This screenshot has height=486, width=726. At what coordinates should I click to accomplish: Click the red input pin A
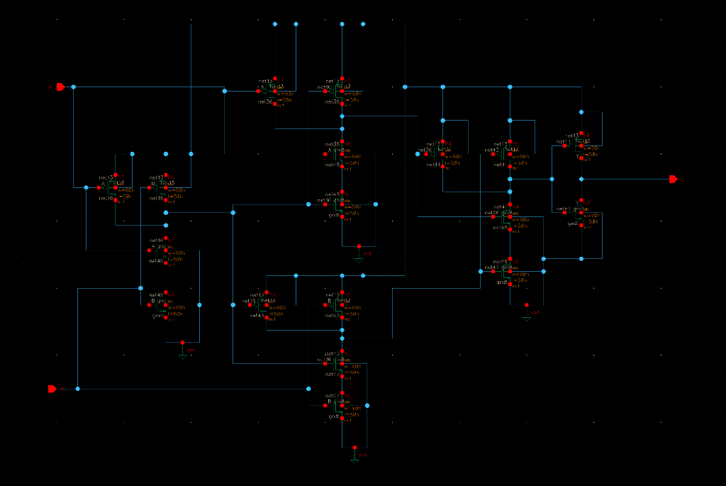(x=60, y=87)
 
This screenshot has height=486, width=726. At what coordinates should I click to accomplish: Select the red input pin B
(x=52, y=389)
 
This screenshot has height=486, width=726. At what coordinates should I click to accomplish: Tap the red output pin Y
(x=673, y=179)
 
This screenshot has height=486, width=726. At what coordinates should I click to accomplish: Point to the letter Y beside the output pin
(x=682, y=180)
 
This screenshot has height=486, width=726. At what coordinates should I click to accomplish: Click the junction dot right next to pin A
(x=73, y=87)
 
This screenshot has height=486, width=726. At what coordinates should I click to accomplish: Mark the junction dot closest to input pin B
(x=77, y=389)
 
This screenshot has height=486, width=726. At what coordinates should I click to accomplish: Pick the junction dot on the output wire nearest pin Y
(x=581, y=179)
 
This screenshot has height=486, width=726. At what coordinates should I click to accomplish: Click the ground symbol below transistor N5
(x=183, y=353)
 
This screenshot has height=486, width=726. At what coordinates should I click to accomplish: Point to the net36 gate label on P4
(x=424, y=150)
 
